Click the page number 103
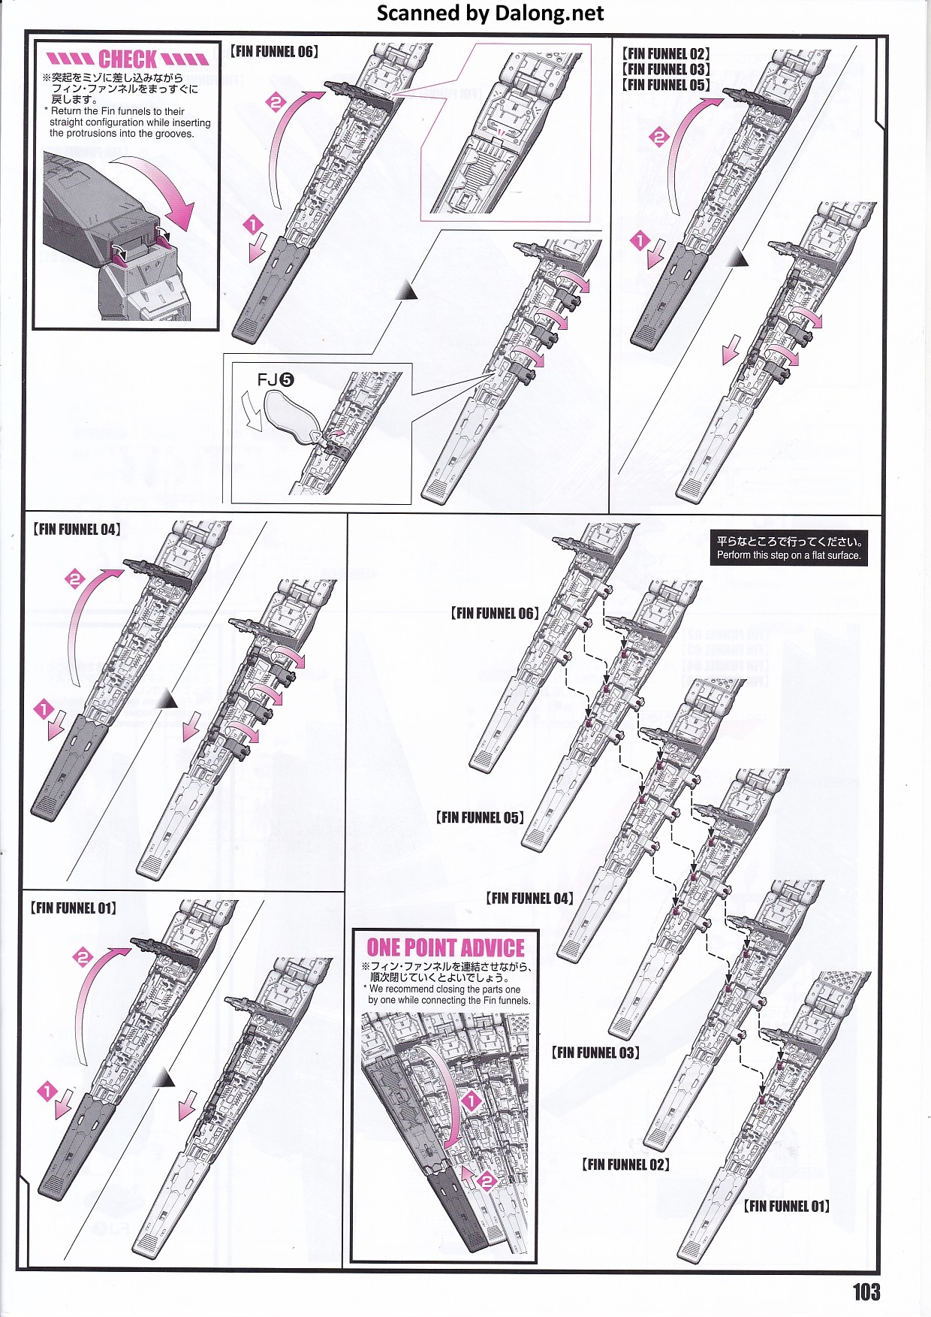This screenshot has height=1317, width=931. [x=866, y=1291]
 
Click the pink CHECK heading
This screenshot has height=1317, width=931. [x=128, y=59]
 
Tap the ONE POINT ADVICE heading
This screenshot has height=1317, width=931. [x=445, y=947]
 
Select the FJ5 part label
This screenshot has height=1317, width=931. [x=276, y=380]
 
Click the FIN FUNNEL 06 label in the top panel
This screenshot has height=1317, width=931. [x=274, y=52]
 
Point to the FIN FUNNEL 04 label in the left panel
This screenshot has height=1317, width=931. [x=77, y=530]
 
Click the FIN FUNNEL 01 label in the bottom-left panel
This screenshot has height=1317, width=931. [x=73, y=908]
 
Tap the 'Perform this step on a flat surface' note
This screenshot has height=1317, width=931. [x=788, y=548]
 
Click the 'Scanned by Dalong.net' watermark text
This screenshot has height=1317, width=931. [x=490, y=13]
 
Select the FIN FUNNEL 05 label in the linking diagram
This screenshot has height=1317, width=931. [x=480, y=817]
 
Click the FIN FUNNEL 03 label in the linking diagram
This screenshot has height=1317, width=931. [x=596, y=1053]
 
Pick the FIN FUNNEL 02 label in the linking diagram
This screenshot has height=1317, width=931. [x=625, y=1164]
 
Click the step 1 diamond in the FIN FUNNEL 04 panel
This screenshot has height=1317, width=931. [x=44, y=708]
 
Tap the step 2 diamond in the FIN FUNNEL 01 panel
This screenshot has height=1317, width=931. [x=82, y=957]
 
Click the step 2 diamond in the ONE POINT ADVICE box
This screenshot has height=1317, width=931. [x=486, y=1182]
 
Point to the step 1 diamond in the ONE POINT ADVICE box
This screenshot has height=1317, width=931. [x=470, y=1101]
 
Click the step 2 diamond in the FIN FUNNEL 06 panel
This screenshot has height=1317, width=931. [x=276, y=102]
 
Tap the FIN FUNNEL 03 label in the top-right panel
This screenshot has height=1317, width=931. [x=665, y=69]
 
